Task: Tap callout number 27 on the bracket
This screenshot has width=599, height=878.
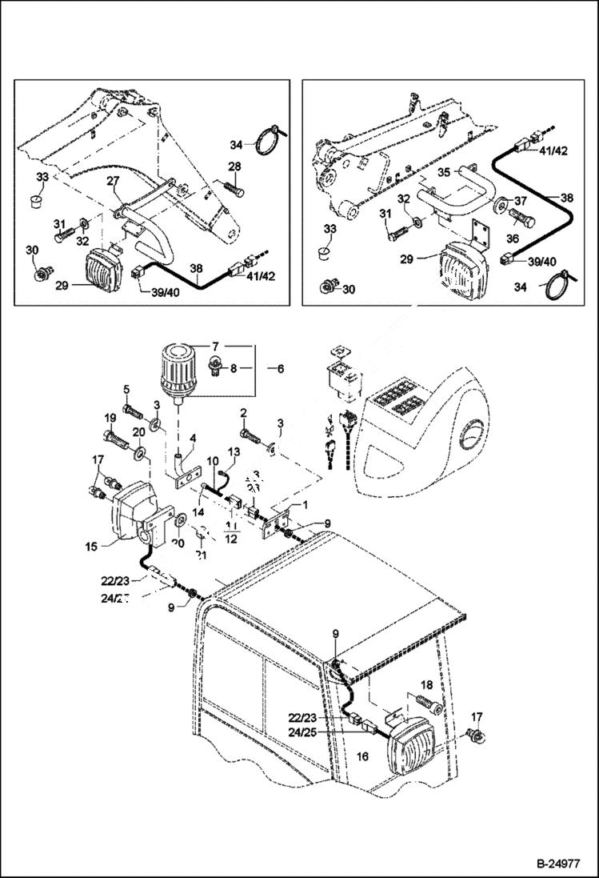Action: click(113, 182)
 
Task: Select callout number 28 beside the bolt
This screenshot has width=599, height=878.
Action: click(234, 166)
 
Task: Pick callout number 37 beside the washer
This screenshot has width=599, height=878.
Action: click(521, 200)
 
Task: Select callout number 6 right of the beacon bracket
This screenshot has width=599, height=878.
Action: click(280, 370)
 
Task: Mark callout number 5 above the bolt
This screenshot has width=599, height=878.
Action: click(126, 390)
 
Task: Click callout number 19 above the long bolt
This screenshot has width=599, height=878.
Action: click(109, 418)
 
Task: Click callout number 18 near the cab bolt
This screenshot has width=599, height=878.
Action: click(426, 685)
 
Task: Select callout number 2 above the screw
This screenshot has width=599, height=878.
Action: click(242, 413)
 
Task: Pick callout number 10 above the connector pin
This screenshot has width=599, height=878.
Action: click(214, 462)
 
